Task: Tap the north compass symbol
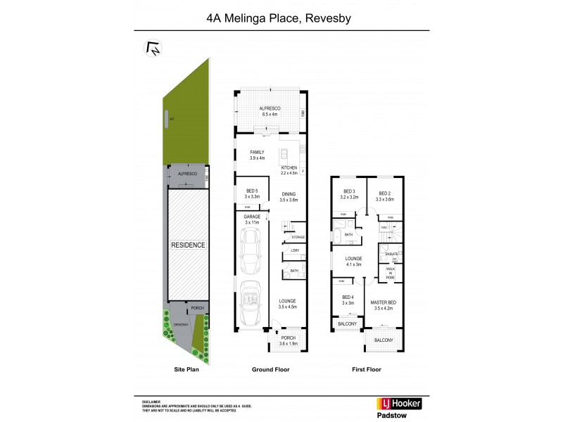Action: tap(151, 49)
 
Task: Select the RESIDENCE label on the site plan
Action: tap(187, 245)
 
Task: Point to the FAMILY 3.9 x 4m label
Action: tap(256, 155)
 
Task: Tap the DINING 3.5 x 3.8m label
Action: tap(289, 197)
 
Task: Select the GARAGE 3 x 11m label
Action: tap(253, 220)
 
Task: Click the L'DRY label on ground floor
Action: tap(295, 250)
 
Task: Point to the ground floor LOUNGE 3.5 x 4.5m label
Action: tap(288, 304)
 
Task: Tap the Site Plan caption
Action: tap(187, 369)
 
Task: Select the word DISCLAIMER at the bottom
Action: tap(151, 399)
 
